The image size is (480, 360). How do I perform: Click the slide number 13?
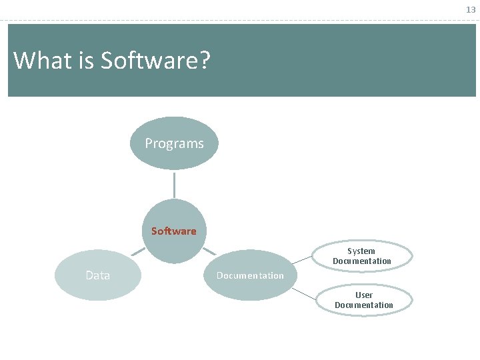471,10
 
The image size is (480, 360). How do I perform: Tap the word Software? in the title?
155,61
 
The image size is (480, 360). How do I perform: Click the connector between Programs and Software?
174,184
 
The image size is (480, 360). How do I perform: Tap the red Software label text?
173,231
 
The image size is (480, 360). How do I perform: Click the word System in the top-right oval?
361,251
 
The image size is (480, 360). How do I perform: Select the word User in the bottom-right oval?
364,295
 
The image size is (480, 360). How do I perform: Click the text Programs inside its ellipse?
174,143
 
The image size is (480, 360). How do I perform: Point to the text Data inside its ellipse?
98,275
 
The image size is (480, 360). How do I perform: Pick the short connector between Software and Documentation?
209,252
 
